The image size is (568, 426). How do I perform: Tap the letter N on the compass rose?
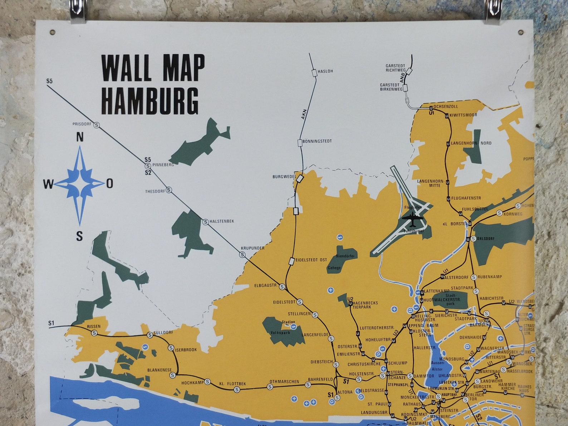[80, 137]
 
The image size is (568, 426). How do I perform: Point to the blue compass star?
[80, 184]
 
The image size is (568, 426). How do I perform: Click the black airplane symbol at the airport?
[412, 219]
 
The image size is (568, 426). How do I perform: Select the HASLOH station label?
[325, 71]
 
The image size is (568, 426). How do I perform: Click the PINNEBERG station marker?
[147, 166]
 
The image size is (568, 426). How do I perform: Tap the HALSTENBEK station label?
[222, 221]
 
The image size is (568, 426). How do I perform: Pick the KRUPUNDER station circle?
[243, 255]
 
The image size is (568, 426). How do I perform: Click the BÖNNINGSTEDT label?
[317, 141]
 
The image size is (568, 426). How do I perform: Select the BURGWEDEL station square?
[300, 178]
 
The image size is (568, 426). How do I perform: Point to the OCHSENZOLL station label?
[445, 106]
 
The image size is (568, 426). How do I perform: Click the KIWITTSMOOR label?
[463, 115]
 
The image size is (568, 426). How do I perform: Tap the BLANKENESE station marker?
[173, 375]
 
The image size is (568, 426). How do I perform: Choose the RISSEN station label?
[94, 327]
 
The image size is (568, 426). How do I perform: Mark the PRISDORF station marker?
[97, 125]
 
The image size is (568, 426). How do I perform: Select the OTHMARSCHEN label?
[284, 382]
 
